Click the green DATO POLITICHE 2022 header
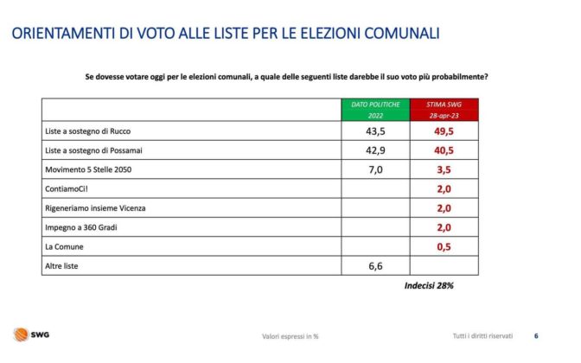[x=375, y=109]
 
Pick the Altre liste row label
[x=61, y=266]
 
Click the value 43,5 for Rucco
[x=375, y=131]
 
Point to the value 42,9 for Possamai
[x=375, y=150]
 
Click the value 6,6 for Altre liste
[x=375, y=266]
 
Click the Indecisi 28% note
[x=430, y=285]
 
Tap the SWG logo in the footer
[x=30, y=335]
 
